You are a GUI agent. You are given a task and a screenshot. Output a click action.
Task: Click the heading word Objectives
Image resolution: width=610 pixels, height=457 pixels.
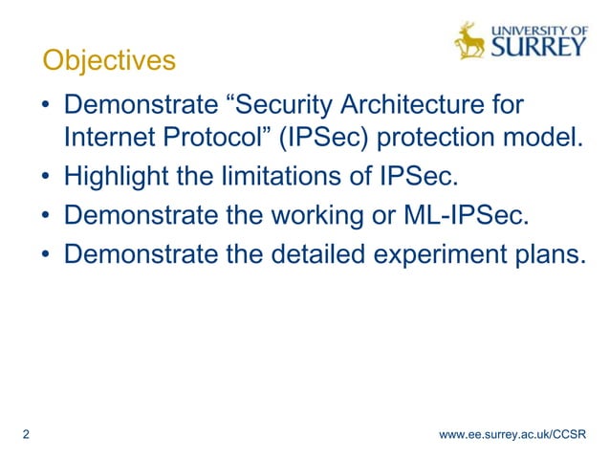[x=109, y=61]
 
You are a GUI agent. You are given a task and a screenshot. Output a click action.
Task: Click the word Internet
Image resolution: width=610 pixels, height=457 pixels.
[x=109, y=139]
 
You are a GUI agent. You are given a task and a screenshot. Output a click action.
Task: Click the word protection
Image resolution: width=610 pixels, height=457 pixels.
[x=452, y=139]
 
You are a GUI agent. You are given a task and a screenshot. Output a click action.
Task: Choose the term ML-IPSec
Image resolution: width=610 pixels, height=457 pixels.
[x=461, y=218]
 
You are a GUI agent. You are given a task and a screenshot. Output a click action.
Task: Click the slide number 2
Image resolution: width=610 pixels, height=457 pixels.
[x=25, y=435]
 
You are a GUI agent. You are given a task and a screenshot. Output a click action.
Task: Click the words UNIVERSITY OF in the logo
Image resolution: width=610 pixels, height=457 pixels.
[x=538, y=27]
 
